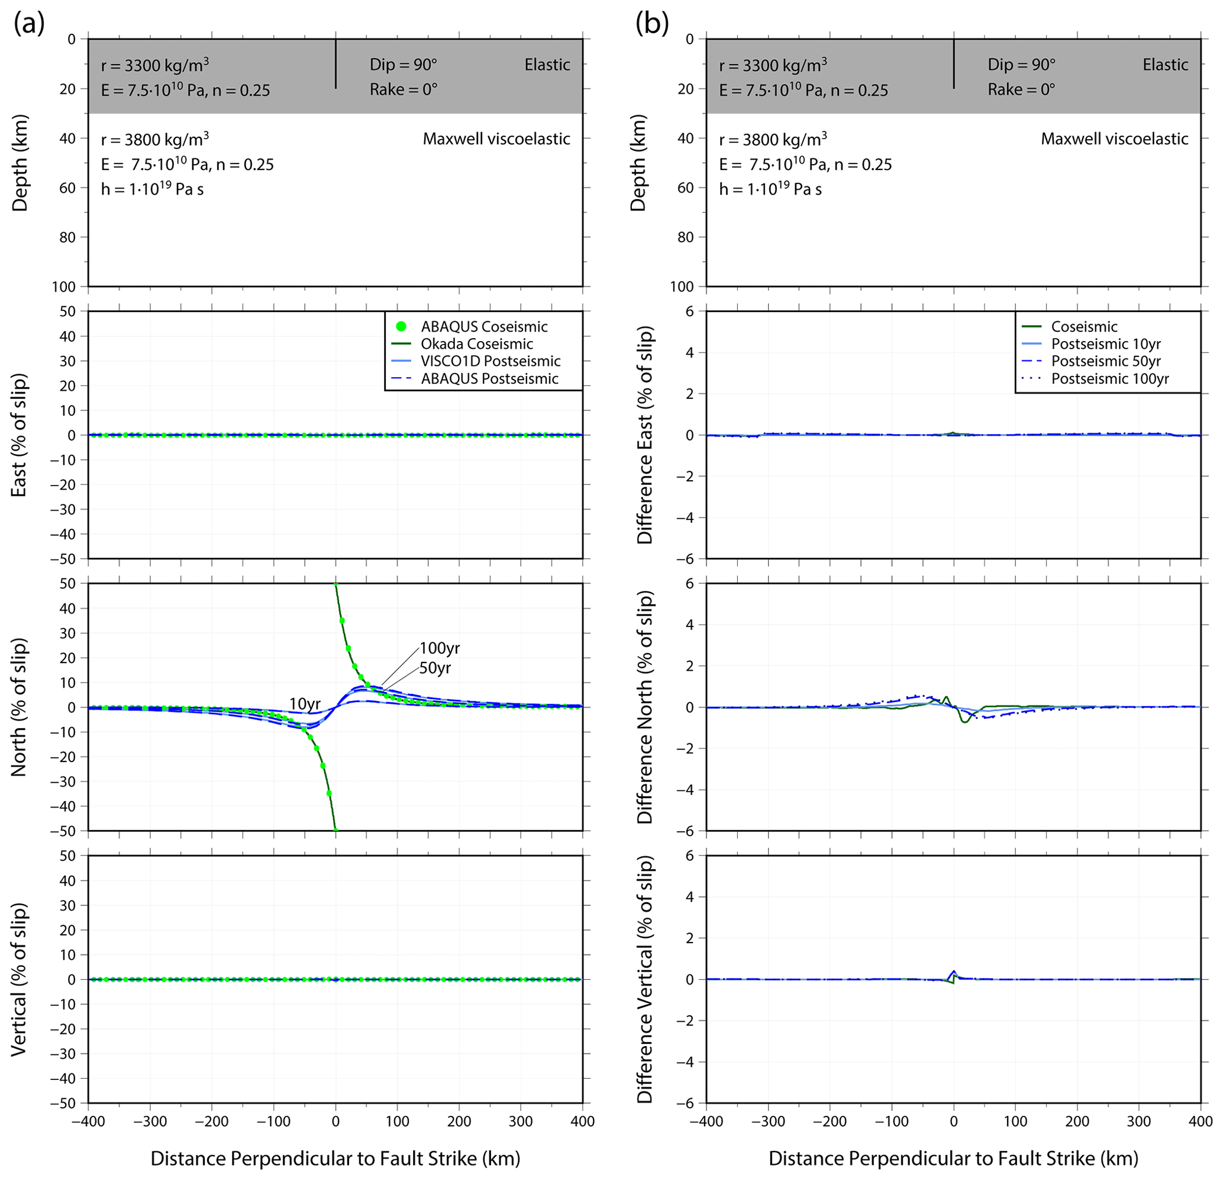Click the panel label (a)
pyautogui.click(x=30, y=24)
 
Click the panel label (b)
pyautogui.click(x=651, y=24)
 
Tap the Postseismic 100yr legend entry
pyautogui.click(x=1109, y=378)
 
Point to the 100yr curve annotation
pyautogui.click(x=439, y=648)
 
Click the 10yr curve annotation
pyautogui.click(x=305, y=704)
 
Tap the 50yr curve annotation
pyautogui.click(x=435, y=668)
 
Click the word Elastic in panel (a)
pyautogui.click(x=547, y=65)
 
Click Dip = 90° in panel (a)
pyautogui.click(x=403, y=65)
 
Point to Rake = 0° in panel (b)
pyautogui.click(x=1021, y=90)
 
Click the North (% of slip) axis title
pyautogui.click(x=20, y=707)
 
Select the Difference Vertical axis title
pyautogui.click(x=644, y=979)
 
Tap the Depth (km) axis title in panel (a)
pyautogui.click(x=20, y=163)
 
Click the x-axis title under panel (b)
pyautogui.click(x=953, y=1158)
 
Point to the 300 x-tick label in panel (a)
pyautogui.click(x=521, y=1121)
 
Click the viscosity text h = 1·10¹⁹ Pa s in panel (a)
pyautogui.click(x=152, y=188)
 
